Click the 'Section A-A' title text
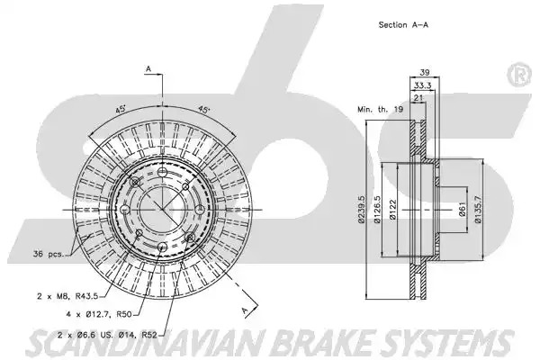[403, 25]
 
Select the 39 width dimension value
[425, 72]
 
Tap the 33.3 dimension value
[423, 85]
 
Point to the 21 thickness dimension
[418, 98]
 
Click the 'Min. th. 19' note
[380, 110]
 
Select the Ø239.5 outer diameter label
[361, 210]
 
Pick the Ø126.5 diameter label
[377, 210]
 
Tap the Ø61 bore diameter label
[463, 210]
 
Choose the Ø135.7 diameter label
[478, 210]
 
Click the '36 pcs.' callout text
[49, 254]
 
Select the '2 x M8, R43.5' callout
[67, 296]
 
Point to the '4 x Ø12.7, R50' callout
[99, 314]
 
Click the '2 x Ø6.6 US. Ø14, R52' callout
[107, 334]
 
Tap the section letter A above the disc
[148, 69]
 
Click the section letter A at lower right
[245, 310]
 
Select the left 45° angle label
[120, 110]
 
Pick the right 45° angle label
[203, 110]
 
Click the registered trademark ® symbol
[519, 75]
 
